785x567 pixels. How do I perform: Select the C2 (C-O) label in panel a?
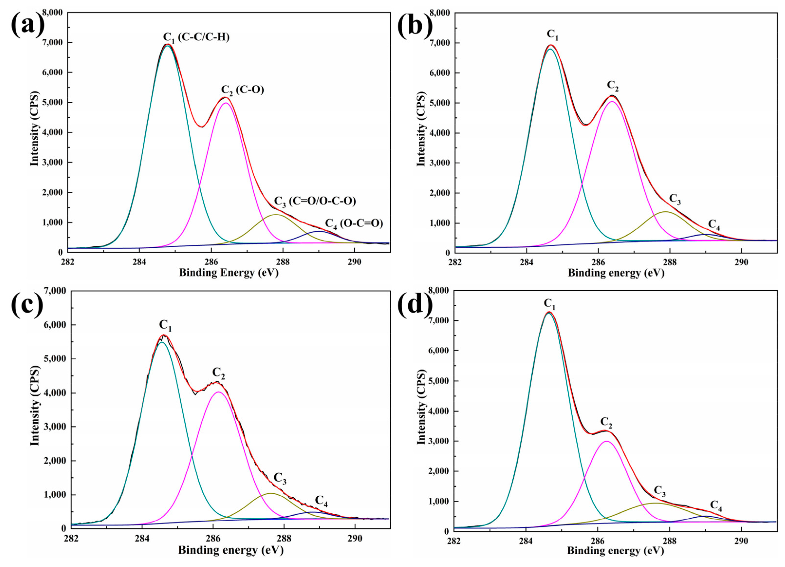(x=242, y=90)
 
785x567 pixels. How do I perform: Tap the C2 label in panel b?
(x=613, y=86)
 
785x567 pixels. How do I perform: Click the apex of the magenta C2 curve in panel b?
(x=612, y=102)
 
